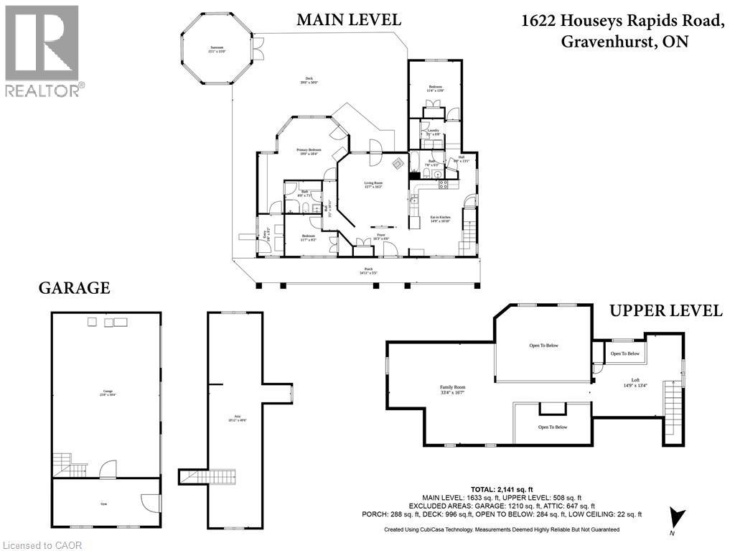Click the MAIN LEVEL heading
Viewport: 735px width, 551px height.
pyautogui.click(x=349, y=19)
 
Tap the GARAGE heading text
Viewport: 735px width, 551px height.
pyautogui.click(x=74, y=288)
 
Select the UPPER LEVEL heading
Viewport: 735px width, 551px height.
pyautogui.click(x=665, y=310)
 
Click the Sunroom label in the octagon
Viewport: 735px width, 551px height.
pyautogui.click(x=212, y=50)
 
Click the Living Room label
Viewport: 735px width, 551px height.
pyautogui.click(x=373, y=185)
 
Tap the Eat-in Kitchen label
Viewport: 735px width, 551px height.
pyautogui.click(x=440, y=218)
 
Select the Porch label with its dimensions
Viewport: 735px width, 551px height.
pyautogui.click(x=367, y=271)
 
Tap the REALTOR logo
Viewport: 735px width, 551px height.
pyautogui.click(x=42, y=50)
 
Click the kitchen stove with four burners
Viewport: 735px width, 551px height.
pyautogui.click(x=443, y=184)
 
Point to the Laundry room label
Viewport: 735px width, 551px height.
pyautogui.click(x=433, y=131)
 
